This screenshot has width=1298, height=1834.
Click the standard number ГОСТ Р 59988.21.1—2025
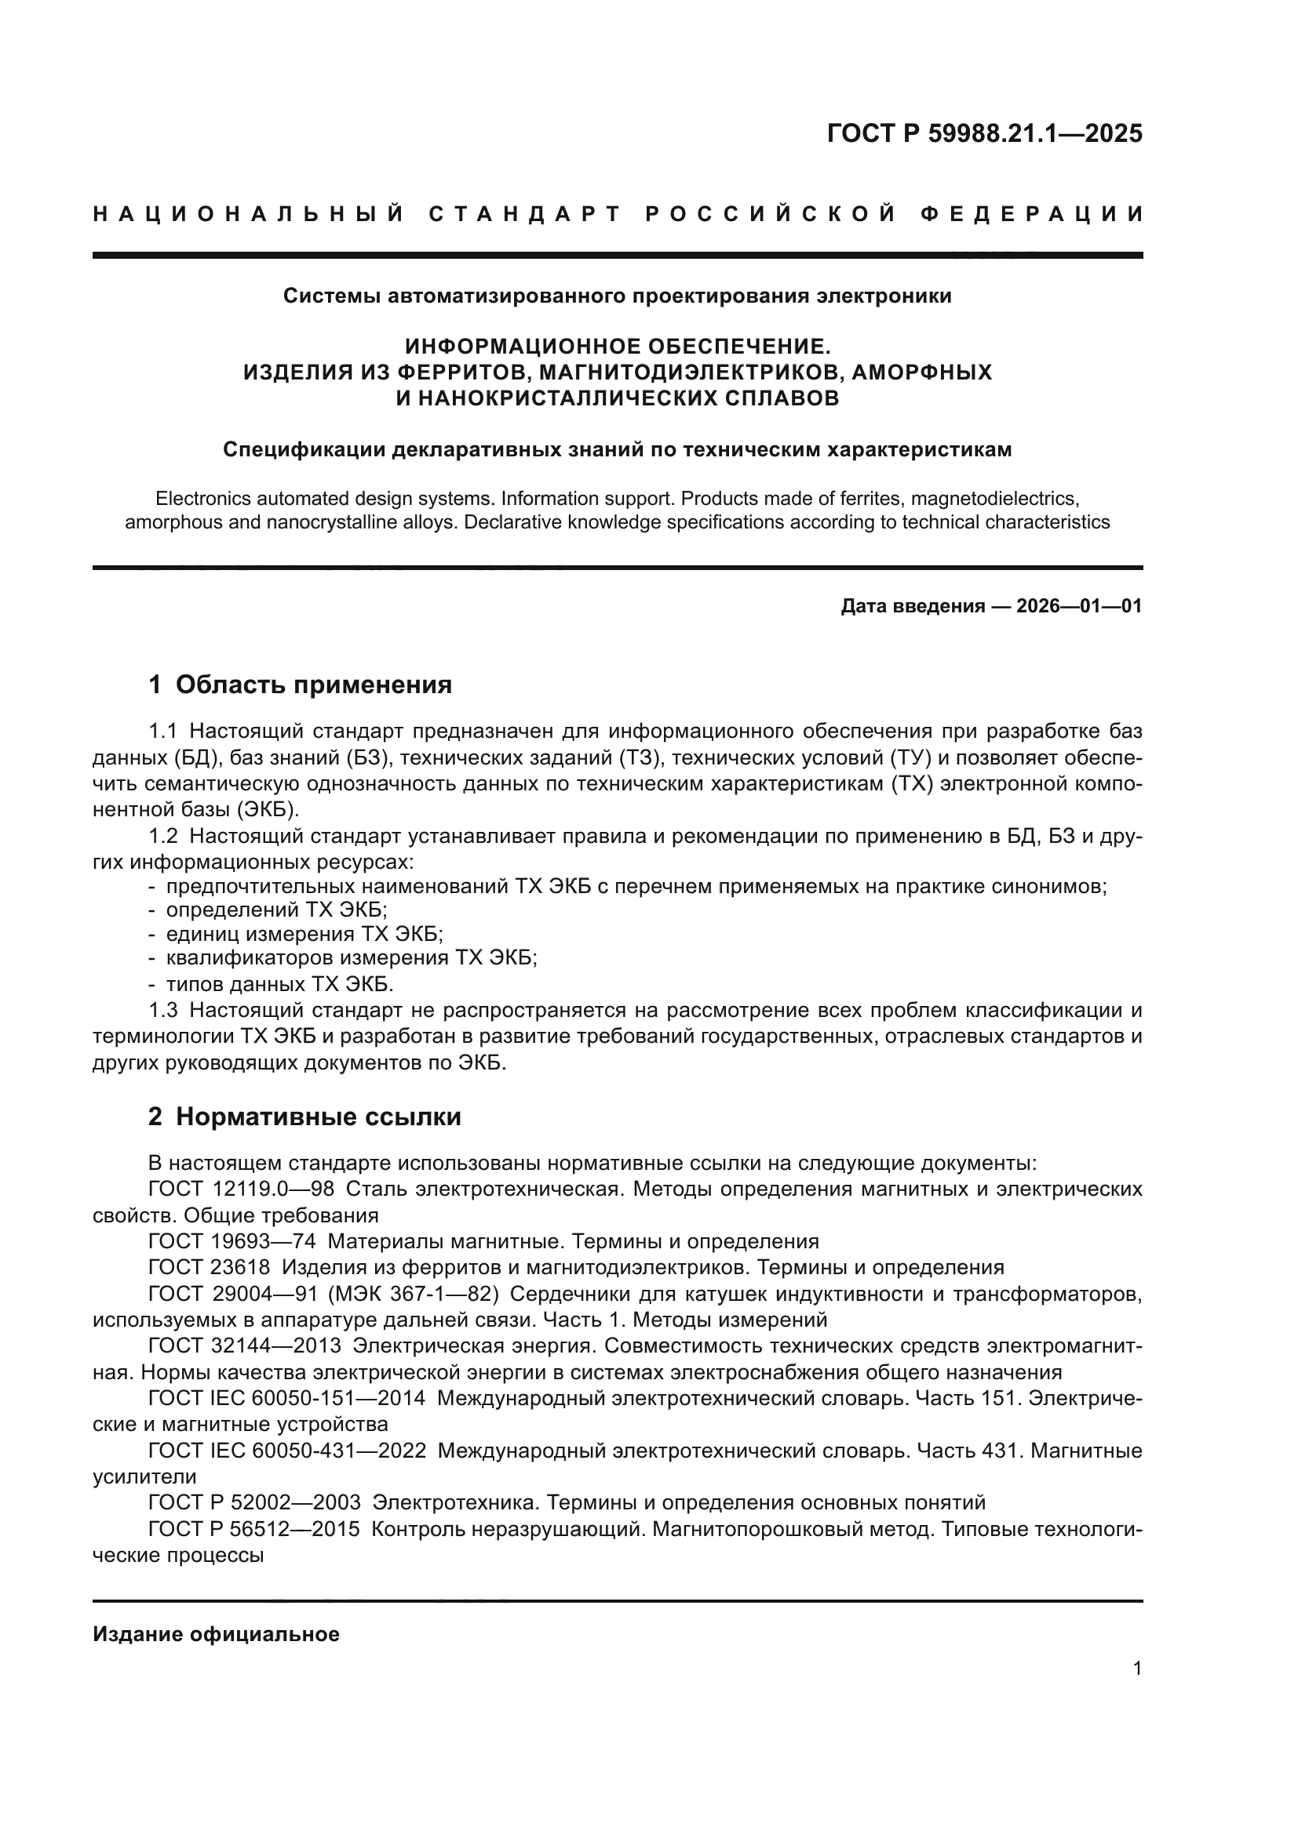coord(984,133)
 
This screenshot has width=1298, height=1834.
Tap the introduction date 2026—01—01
coord(1079,606)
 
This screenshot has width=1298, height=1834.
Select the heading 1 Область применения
coord(301,685)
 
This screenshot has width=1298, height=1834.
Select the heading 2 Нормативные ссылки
coord(304,1117)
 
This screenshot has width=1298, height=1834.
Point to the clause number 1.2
coord(164,837)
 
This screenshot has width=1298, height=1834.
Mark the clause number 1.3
coord(164,1011)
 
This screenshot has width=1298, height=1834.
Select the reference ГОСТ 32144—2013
coord(245,1346)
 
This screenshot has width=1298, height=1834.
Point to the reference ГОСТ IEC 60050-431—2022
coord(287,1450)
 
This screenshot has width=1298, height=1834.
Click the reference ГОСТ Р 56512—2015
coord(254,1529)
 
